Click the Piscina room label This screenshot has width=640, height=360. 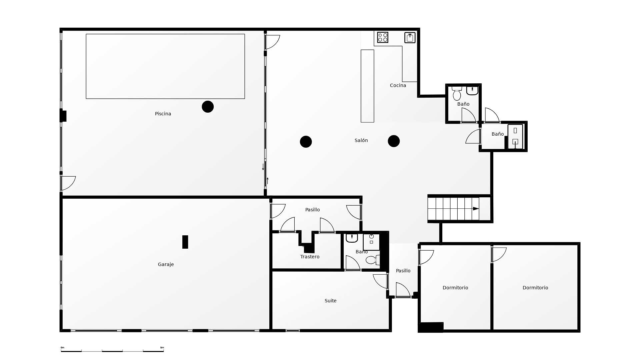tap(163, 114)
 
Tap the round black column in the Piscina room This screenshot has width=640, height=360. tap(208, 107)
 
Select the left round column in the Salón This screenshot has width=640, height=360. tap(306, 142)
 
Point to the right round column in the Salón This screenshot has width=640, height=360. tap(394, 141)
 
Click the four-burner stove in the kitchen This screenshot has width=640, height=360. tap(383, 37)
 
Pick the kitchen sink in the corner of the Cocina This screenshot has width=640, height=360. tap(410, 38)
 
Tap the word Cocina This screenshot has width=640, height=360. tap(398, 85)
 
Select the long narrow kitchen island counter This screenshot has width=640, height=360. tap(367, 86)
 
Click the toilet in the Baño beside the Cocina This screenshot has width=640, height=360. tap(457, 93)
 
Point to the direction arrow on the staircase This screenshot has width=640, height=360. tap(476, 209)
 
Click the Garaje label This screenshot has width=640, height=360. tap(166, 264)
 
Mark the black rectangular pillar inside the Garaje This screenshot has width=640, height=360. tap(185, 242)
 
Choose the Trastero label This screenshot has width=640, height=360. tap(310, 257)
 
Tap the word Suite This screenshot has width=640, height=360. tap(330, 301)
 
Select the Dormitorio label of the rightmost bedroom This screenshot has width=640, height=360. tap(535, 288)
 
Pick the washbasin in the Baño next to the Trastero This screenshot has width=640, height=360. tap(352, 238)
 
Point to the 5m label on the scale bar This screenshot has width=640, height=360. tap(162, 348)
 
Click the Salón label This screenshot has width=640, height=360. tap(361, 140)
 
